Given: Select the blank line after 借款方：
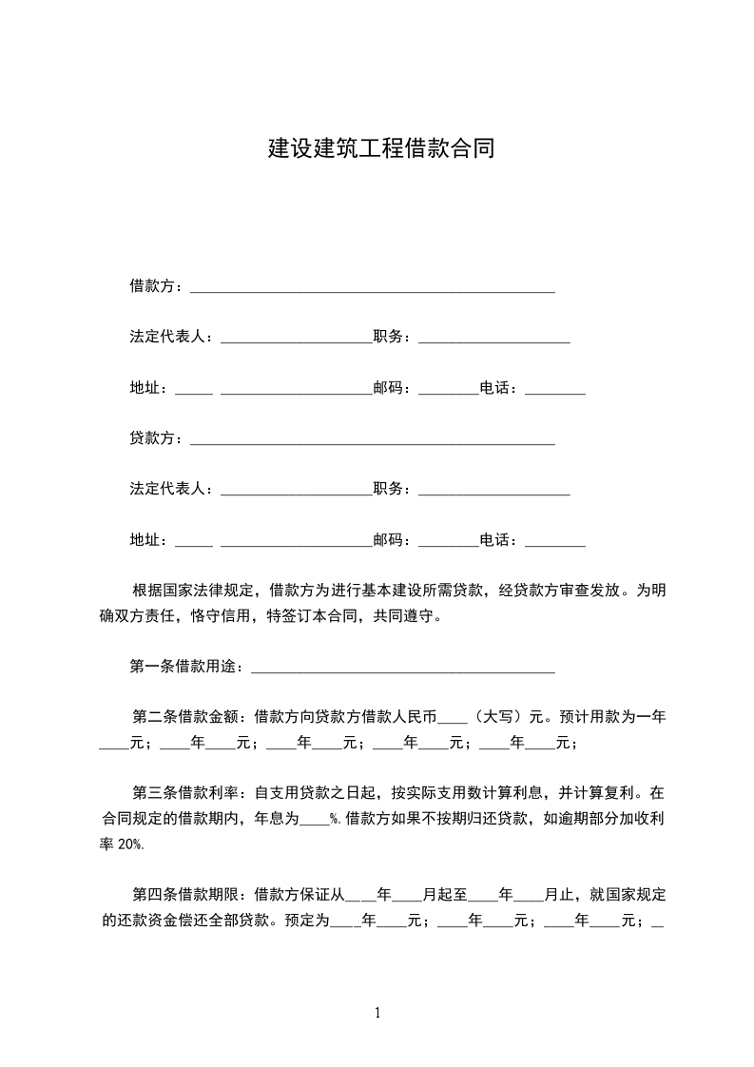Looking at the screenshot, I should click(373, 288).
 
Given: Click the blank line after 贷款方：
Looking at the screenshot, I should click(373, 441).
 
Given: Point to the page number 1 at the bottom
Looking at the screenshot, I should click(377, 1012).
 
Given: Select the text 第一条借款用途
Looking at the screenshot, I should click(183, 667).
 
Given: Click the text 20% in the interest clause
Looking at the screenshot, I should click(132, 844).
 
